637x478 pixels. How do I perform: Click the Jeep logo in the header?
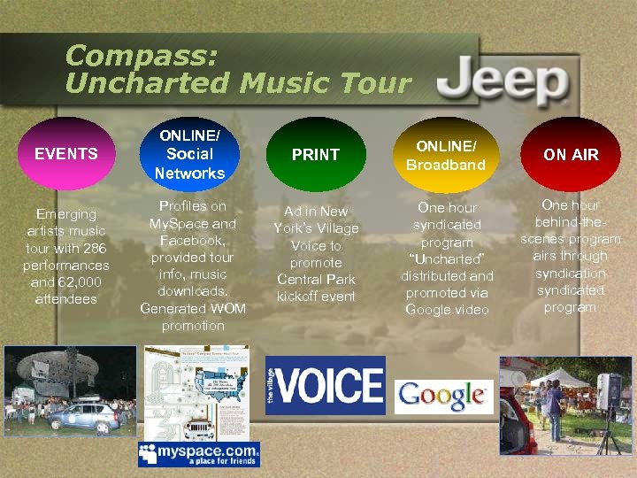(x=503, y=84)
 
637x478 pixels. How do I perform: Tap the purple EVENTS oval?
(x=65, y=154)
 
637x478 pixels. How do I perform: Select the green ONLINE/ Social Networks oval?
(x=190, y=154)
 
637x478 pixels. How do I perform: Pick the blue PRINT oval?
(x=315, y=155)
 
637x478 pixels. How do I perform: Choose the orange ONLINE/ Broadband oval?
(x=446, y=154)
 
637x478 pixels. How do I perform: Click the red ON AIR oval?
(x=571, y=155)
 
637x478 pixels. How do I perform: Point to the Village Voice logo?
(x=326, y=385)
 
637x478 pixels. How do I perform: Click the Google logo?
(x=442, y=396)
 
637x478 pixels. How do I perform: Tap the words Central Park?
(x=316, y=280)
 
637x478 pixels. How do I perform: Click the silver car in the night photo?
(x=84, y=414)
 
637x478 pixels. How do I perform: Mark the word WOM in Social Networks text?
(x=228, y=307)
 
